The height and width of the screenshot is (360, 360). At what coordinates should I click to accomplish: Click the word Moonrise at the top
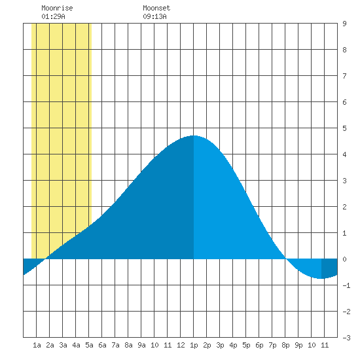[x=57, y=8]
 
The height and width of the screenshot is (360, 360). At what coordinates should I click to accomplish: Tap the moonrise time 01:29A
[x=53, y=16]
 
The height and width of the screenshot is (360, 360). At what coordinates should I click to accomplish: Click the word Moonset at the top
[x=156, y=8]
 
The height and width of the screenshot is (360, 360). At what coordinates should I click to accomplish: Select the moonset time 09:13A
[x=154, y=16]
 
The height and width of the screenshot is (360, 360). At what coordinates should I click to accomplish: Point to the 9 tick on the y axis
[x=344, y=24]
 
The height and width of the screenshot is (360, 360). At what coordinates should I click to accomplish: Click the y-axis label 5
[x=344, y=128]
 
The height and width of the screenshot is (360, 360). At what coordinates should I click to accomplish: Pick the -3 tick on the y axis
[x=346, y=338]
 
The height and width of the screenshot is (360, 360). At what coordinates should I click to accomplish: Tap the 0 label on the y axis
[x=344, y=259]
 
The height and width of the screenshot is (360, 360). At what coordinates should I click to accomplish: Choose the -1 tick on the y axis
[x=346, y=285]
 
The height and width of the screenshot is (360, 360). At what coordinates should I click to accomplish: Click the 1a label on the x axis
[x=37, y=345]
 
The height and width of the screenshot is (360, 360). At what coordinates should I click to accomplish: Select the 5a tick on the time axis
[x=89, y=345]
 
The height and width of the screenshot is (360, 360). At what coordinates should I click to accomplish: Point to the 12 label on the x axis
[x=181, y=345]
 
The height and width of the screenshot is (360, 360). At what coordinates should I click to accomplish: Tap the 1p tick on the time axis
[x=194, y=345]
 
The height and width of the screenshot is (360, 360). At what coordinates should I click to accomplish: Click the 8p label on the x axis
[x=285, y=345]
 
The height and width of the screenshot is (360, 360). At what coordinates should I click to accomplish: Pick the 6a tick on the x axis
[x=102, y=345]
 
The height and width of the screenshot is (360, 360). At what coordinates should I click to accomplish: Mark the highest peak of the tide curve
[x=194, y=135]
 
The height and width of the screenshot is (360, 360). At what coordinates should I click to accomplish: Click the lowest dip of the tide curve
[x=320, y=278]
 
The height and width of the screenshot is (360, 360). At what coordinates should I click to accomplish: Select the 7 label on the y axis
[x=344, y=76]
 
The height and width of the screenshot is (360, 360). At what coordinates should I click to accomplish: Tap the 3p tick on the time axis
[x=220, y=345]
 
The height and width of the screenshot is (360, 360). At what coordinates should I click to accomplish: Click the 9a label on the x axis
[x=141, y=345]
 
